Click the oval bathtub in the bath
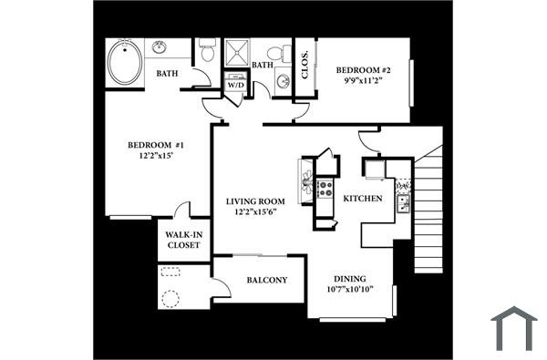click(125, 63)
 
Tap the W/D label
click(235, 85)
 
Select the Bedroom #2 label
click(363, 70)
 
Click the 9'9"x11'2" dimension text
click(363, 80)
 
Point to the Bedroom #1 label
click(155, 145)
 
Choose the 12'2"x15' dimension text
click(155, 156)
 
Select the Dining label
click(351, 280)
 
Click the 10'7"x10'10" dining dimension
click(351, 291)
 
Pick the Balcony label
click(268, 280)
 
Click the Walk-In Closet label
click(183, 240)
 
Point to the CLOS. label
click(304, 66)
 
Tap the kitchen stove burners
click(325, 190)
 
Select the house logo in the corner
click(513, 328)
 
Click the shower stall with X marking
click(236, 52)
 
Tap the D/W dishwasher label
click(403, 186)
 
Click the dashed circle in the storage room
click(170, 297)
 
